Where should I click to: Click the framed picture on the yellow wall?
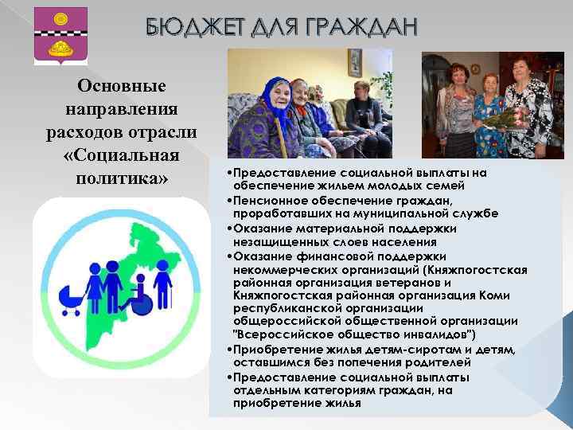355,62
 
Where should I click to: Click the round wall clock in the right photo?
475,69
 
